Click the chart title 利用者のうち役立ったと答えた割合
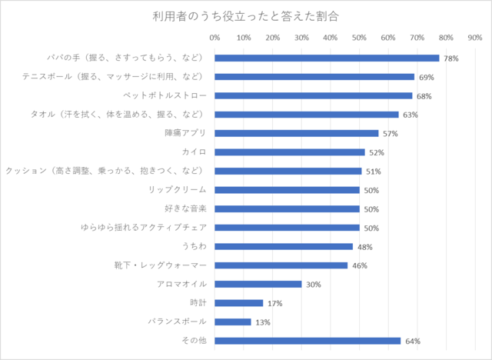click(246, 15)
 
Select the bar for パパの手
click(327, 58)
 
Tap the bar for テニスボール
click(314, 77)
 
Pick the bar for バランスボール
click(233, 322)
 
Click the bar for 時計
click(239, 303)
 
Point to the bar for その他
click(307, 341)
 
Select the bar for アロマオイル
click(258, 284)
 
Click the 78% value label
click(451, 58)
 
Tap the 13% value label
click(263, 322)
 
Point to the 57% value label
click(391, 134)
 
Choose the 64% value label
click(412, 342)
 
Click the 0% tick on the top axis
click(214, 37)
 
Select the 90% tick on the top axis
click(474, 37)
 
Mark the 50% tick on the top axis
click(359, 37)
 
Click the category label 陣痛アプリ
click(185, 133)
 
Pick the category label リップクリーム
click(178, 189)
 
